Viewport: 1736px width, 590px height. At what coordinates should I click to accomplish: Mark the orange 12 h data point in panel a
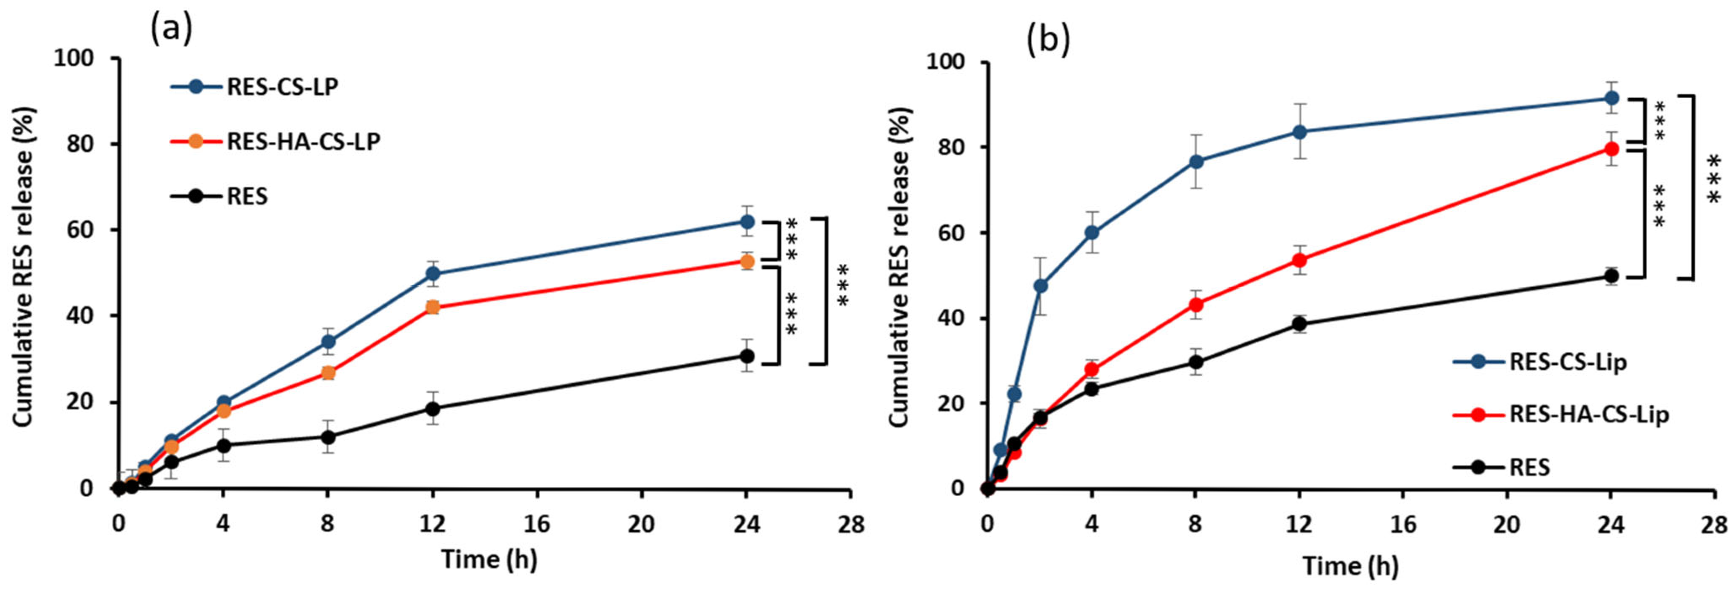click(x=432, y=307)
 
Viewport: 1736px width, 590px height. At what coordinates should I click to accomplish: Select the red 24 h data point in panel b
click(x=1611, y=149)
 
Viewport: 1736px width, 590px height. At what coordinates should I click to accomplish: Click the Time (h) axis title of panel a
click(x=489, y=559)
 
